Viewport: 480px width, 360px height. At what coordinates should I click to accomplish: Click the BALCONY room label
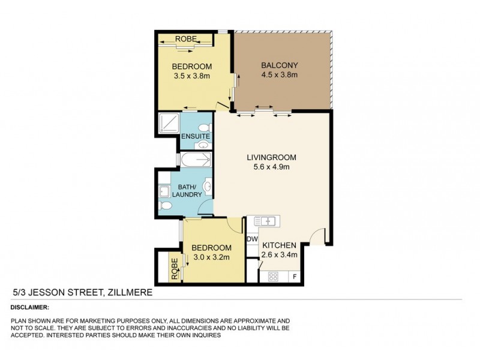coord(279,65)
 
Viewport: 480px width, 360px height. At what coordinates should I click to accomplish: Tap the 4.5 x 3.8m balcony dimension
coord(279,75)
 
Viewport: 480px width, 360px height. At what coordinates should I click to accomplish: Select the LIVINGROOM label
coord(272,158)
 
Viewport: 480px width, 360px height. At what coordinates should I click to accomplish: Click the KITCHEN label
coord(279,245)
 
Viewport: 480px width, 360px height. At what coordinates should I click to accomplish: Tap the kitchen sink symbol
coord(265,221)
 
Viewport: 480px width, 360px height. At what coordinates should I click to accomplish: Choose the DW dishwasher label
coord(252,239)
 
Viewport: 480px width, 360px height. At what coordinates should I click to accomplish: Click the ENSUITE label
coord(195,137)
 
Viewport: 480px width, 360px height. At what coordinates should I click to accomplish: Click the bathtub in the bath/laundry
coord(196,160)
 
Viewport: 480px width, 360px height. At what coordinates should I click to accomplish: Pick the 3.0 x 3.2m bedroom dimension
coord(212,257)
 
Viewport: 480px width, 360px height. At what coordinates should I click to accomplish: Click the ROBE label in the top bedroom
coord(184,40)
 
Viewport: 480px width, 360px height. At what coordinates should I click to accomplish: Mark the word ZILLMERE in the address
coord(129,292)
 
